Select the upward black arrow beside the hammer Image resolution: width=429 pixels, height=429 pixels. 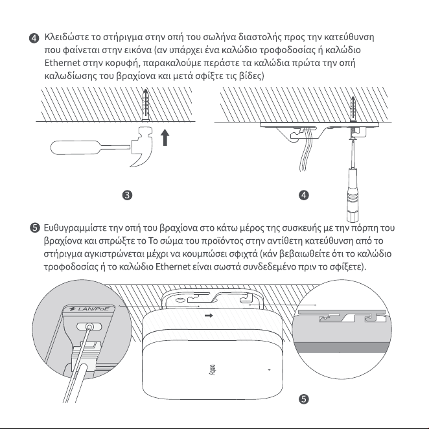[165, 137]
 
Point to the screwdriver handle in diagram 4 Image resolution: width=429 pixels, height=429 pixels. [353, 195]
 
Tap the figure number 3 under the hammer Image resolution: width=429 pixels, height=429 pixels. [127, 195]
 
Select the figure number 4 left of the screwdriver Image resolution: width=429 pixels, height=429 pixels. [304, 195]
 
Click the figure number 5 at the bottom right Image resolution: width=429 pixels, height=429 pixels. [304, 399]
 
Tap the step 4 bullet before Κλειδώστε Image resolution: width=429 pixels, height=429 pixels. [34, 38]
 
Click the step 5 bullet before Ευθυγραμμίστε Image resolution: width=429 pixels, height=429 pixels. [34, 228]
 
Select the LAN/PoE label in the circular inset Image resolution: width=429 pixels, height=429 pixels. [89, 309]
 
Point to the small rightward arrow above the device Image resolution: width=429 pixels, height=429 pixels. [209, 316]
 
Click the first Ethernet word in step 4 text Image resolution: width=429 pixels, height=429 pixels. [62, 63]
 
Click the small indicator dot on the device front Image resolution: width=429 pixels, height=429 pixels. [269, 370]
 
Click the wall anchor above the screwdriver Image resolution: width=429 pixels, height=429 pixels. [353, 109]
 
